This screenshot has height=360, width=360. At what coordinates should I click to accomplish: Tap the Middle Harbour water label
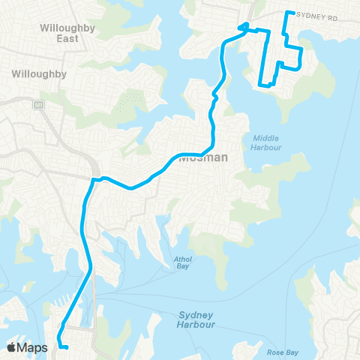tap(265, 142)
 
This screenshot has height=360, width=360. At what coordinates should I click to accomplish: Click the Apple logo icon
tap(13, 347)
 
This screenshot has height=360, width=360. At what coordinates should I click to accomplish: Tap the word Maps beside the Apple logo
tap(34, 347)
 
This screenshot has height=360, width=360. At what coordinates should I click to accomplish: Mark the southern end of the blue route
tap(67, 347)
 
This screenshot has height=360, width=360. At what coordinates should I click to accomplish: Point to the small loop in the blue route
tap(244, 28)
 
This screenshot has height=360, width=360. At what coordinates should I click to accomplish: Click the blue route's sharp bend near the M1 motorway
tap(93, 180)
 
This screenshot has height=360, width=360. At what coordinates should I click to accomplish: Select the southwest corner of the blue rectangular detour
tap(261, 83)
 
